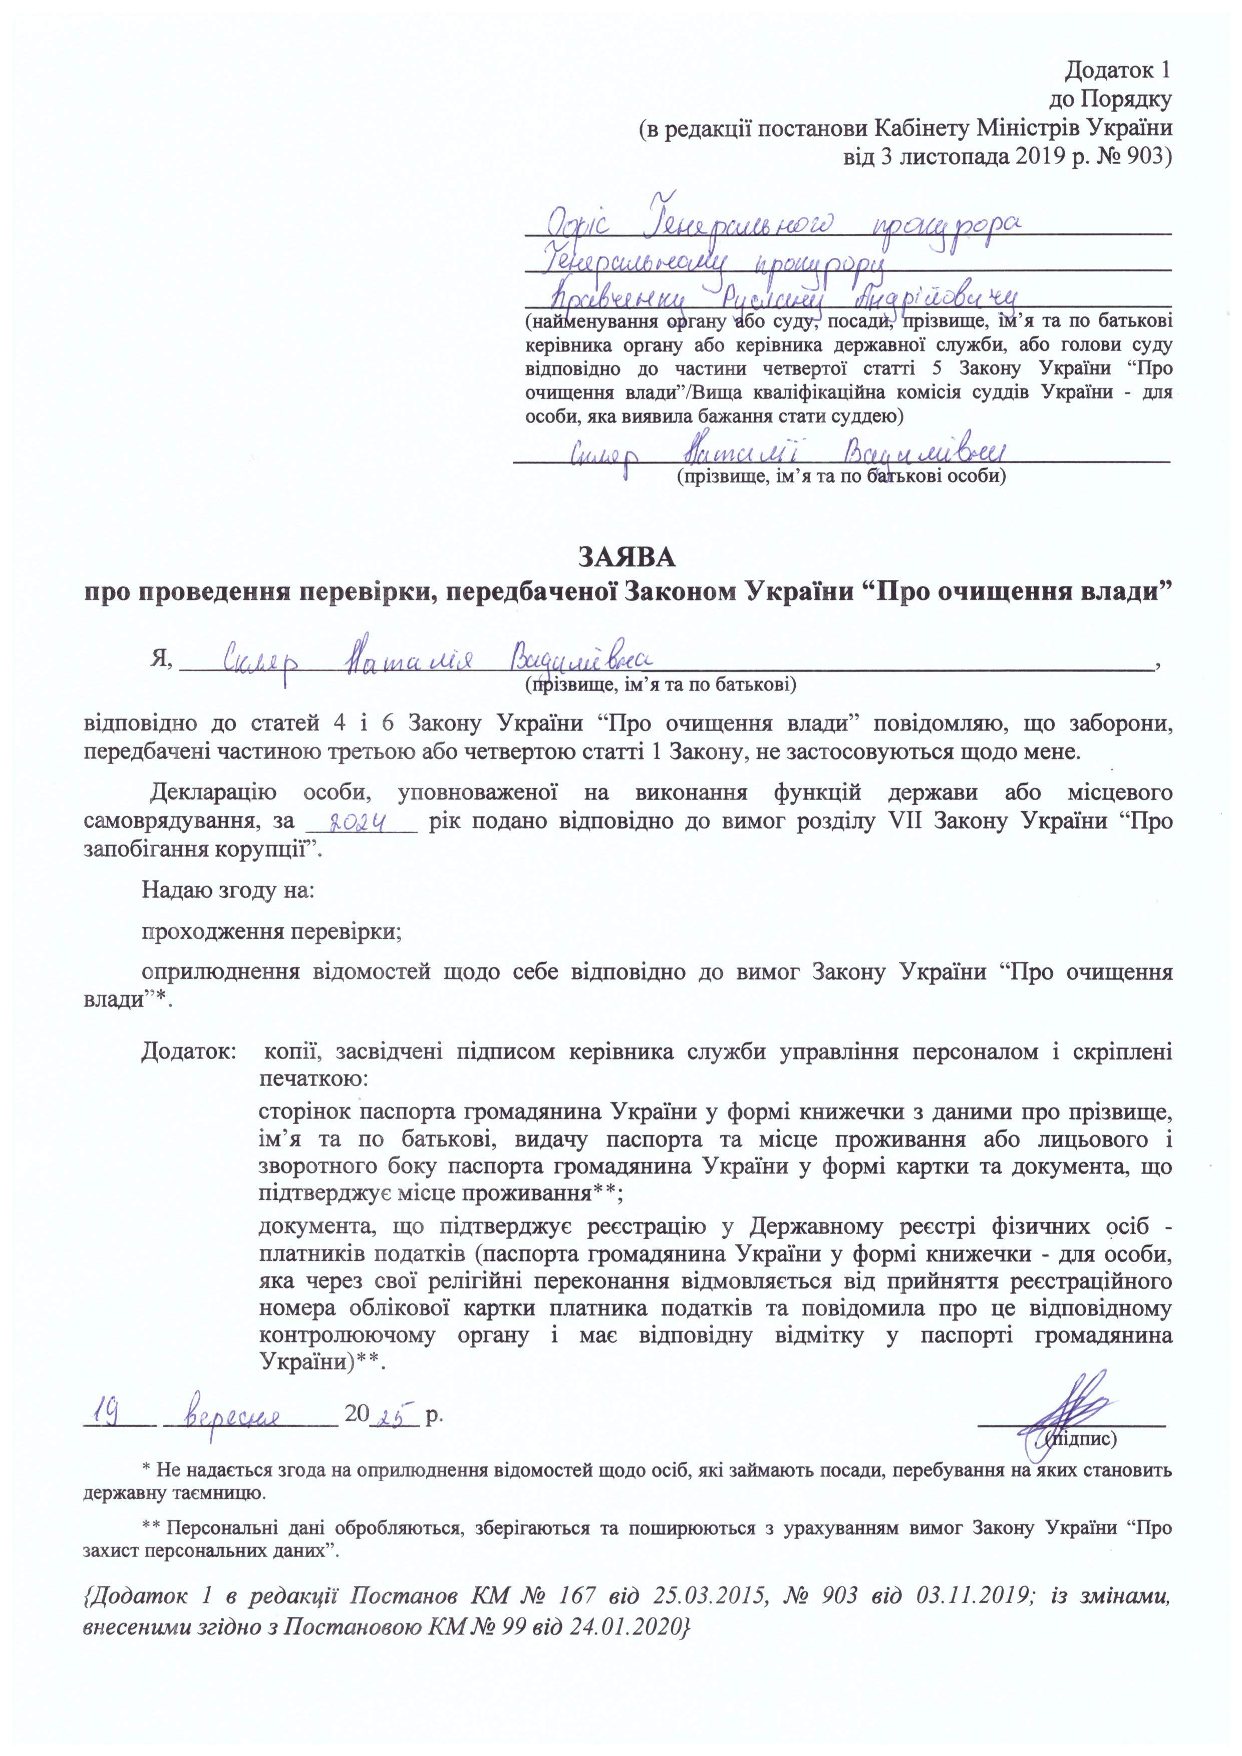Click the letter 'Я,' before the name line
coord(161,661)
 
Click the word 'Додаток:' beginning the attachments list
coord(189,1051)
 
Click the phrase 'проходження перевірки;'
coord(272,931)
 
